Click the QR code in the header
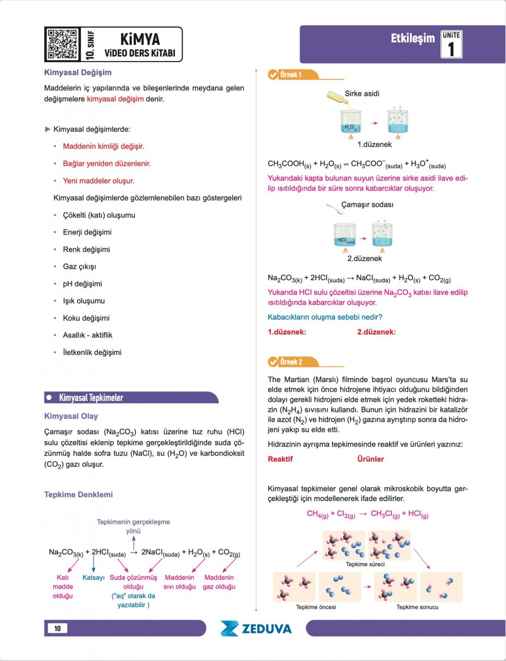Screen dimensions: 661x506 tap(62, 44)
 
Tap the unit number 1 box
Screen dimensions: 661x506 tap(451, 44)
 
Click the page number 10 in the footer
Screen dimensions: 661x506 tap(57, 628)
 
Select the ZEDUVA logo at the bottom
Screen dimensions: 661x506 tap(256, 629)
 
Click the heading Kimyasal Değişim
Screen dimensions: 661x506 tap(78, 73)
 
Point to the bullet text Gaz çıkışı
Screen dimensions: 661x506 tap(79, 267)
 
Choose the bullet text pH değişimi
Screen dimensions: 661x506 tap(82, 284)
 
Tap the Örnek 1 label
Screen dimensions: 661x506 tap(291, 75)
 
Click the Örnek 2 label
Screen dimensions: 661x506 tap(291, 362)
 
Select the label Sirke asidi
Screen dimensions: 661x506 tap(362, 94)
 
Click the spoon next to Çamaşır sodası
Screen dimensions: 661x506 tap(334, 208)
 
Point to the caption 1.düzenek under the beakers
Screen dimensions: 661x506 tap(374, 145)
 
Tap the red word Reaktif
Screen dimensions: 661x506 tap(280, 459)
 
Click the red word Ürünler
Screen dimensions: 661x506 tap(370, 459)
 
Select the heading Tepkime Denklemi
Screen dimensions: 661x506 tap(78, 494)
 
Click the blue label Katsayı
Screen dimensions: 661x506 tap(93, 577)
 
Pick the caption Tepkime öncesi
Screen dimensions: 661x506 tap(316, 607)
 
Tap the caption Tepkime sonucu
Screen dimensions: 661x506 tap(417, 607)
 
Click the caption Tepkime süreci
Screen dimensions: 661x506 tap(365, 564)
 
